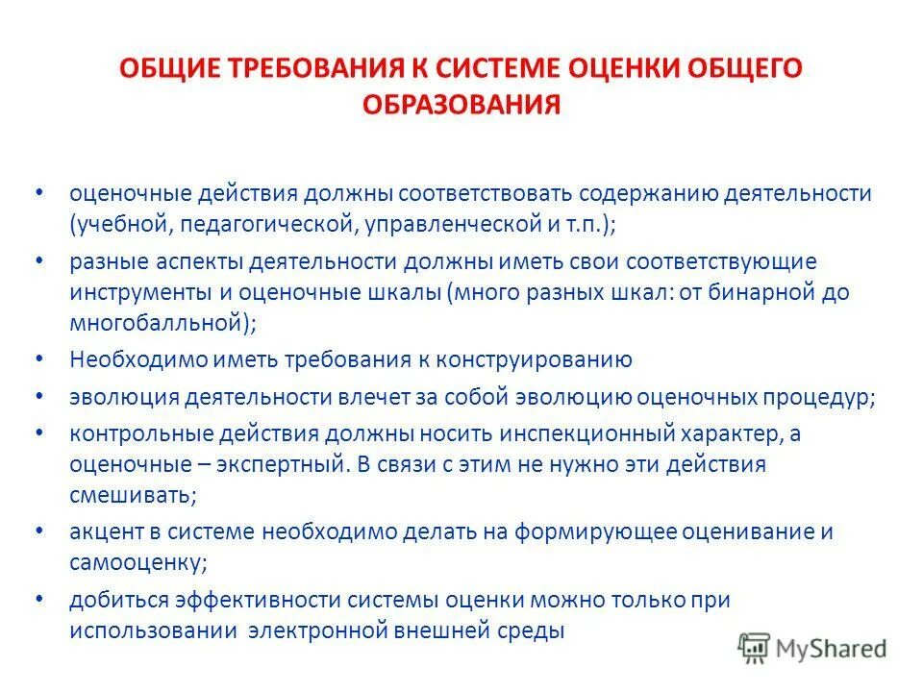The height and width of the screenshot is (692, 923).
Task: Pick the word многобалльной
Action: [158, 324]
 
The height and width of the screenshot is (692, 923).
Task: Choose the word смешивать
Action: [133, 496]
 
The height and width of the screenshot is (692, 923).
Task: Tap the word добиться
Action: [117, 600]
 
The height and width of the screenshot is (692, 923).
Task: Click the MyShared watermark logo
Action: [812, 648]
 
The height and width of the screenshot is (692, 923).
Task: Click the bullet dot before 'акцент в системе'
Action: [37, 531]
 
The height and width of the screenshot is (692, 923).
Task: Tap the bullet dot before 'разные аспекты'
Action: [37, 260]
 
